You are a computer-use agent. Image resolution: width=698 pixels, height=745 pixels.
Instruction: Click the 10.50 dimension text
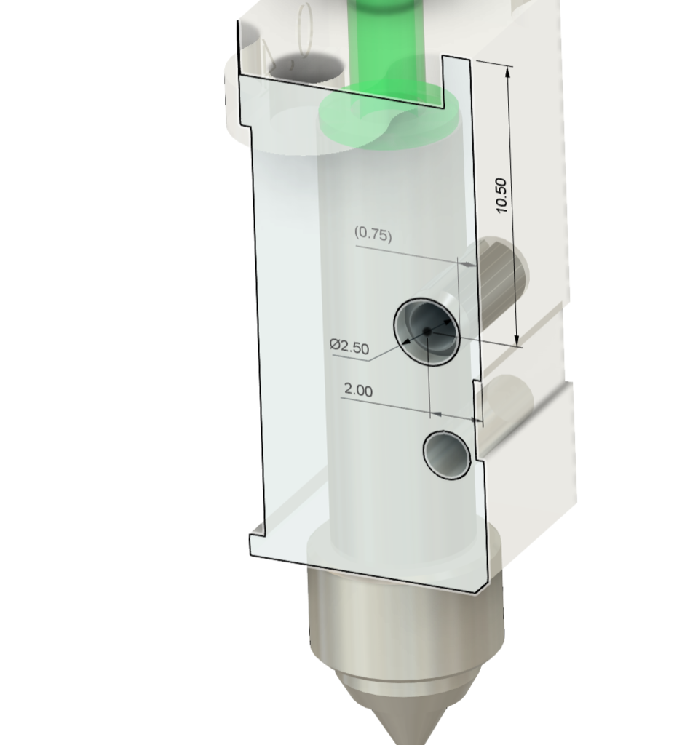point(501,195)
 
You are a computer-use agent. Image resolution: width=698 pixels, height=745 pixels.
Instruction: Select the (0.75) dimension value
point(373,234)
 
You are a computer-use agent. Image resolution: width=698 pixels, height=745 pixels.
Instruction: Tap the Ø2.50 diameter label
point(349,346)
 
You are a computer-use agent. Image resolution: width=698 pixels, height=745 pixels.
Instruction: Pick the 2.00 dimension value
point(358,390)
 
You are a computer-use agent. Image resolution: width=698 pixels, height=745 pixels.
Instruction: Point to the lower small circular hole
point(447,455)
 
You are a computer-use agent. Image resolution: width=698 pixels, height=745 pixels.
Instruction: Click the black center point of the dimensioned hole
point(427,332)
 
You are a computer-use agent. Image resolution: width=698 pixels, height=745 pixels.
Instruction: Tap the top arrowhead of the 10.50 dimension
point(508,72)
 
